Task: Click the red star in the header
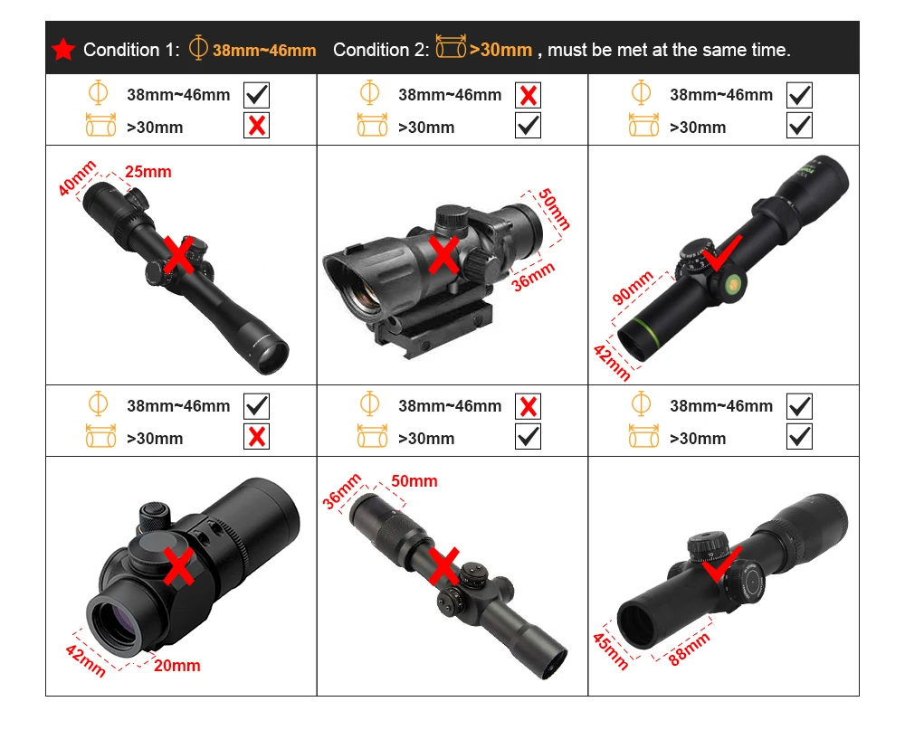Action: (x=63, y=50)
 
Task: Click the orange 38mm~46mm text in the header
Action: (x=264, y=51)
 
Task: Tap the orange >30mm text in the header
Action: (x=500, y=50)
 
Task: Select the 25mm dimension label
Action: (x=148, y=172)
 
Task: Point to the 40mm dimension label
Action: (x=77, y=178)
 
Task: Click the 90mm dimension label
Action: (x=633, y=287)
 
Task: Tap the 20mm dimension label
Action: (x=177, y=666)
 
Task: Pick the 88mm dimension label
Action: (x=689, y=649)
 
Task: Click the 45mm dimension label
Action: (x=611, y=651)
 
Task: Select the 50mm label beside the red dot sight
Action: (x=554, y=209)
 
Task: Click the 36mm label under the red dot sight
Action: (x=533, y=277)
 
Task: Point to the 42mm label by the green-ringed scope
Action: (x=612, y=363)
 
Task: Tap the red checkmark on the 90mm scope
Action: (x=721, y=252)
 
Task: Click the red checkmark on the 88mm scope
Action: (x=721, y=564)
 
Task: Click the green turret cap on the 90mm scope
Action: (x=732, y=284)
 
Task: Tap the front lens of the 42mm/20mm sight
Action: (x=118, y=624)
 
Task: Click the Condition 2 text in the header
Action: (x=381, y=51)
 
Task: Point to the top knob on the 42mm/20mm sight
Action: (x=154, y=516)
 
